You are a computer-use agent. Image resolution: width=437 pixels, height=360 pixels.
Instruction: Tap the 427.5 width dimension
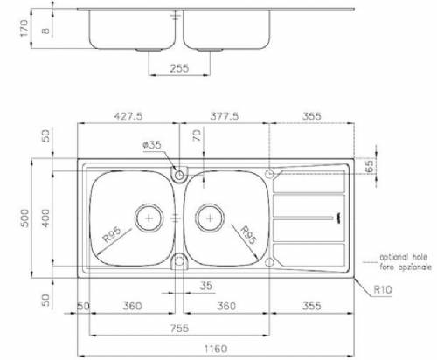pos(128,113)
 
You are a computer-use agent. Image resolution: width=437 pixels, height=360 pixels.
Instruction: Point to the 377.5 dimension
pos(225,113)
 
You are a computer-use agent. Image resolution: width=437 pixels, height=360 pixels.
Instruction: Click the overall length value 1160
pos(217,349)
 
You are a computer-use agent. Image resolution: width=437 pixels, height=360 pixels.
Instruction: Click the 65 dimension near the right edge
pos(369,164)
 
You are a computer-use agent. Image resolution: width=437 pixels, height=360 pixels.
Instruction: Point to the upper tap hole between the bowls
pos(179,176)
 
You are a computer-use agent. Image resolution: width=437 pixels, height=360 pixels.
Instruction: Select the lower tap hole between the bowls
pos(179,259)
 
